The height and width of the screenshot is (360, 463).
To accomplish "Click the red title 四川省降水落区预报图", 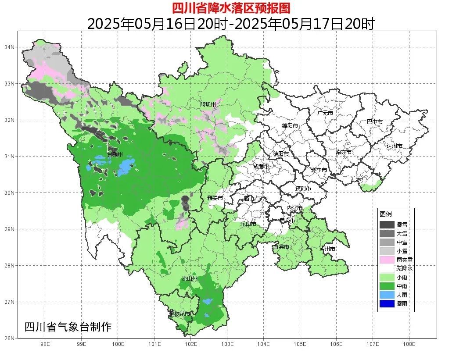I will point(231,8).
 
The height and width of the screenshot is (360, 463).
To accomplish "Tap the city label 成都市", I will point(262,167).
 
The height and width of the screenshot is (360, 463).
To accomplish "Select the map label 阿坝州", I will point(208,104).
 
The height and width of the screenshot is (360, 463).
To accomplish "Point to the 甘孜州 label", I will point(115,154).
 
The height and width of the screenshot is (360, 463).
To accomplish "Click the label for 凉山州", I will point(190,279).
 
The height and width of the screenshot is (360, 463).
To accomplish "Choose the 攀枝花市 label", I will point(179,314).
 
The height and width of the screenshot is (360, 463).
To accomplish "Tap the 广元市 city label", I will point(325,113).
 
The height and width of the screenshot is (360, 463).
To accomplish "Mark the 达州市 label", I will point(394,146).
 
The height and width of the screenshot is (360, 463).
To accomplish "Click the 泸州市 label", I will point(328,249).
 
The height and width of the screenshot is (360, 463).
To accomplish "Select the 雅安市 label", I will point(215,198).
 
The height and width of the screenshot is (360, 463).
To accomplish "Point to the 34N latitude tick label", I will point(10,47).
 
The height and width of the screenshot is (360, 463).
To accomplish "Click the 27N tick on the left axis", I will point(10,302).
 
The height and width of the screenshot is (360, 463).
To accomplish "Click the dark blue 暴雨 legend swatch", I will point(387,303).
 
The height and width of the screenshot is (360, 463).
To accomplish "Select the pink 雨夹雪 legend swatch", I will point(387,260).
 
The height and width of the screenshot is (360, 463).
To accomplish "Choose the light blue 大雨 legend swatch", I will point(387,295).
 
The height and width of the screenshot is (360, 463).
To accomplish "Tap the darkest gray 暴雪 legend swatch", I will point(387,225).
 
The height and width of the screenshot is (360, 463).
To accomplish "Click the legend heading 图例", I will point(386,214).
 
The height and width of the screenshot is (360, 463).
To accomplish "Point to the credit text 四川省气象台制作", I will point(68,327).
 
